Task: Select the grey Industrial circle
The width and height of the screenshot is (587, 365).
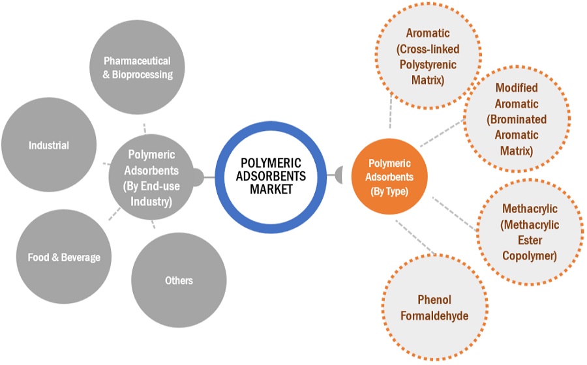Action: [49, 145]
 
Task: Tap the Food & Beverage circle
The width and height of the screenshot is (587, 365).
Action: [64, 257]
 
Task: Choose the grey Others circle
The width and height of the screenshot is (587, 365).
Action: [179, 280]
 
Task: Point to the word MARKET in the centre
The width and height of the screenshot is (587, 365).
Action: [271, 189]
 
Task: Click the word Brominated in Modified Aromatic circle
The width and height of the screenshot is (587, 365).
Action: [517, 119]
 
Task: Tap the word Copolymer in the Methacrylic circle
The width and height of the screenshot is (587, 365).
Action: [529, 255]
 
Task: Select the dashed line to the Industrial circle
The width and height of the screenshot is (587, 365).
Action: [105, 163]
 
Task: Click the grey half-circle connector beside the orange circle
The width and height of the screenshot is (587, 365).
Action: [339, 174]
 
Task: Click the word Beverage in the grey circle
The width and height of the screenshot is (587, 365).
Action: [81, 257]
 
